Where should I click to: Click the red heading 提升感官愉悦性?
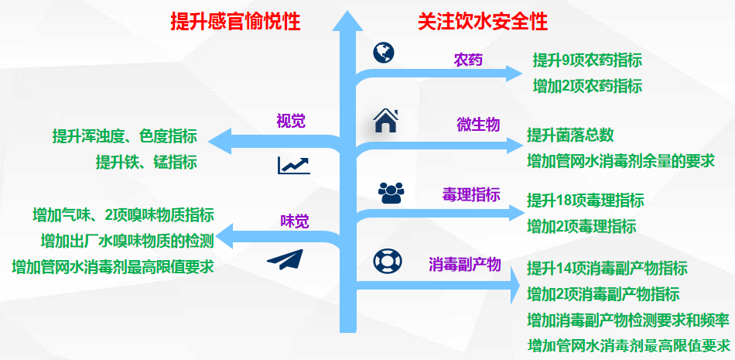coord(235,21)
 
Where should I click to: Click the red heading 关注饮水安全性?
coord(483,21)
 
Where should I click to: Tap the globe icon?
coord(383,52)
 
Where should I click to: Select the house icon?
coord(385,121)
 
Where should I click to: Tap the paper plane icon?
coord(285,257)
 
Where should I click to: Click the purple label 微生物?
coord(478,125)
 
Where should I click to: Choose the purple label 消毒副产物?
coord(465,265)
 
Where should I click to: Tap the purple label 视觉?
coord(292,121)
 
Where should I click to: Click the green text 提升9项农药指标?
coord(587,60)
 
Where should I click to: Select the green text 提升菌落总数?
coord(570,135)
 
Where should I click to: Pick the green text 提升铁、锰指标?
coord(146,162)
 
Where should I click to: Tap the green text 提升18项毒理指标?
coord(585,201)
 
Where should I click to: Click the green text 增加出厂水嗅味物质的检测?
coord(127,240)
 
